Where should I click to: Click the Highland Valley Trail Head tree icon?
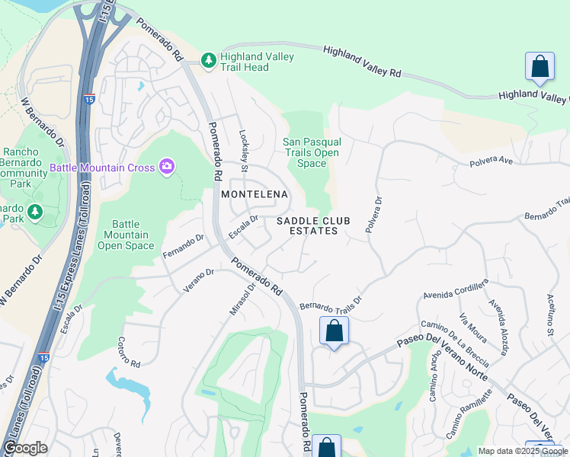208,60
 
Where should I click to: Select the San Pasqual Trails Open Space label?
311,152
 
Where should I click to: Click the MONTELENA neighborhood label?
255,195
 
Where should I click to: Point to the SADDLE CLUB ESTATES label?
313,225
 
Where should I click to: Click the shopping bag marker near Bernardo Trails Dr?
334,331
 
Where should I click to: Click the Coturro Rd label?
130,352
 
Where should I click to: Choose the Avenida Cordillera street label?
455,290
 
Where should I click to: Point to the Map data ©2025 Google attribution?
522,451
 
